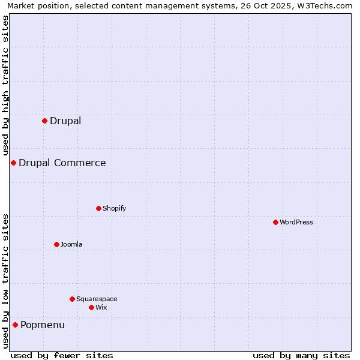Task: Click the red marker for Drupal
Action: (x=44, y=121)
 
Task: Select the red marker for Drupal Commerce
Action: (x=13, y=163)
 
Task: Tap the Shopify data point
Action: (x=98, y=208)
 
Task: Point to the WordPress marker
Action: (x=275, y=222)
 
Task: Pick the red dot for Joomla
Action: (x=56, y=244)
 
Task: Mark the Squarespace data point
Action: (x=72, y=299)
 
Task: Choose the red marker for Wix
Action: (x=91, y=307)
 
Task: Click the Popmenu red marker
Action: (x=15, y=325)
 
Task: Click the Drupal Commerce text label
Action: (x=62, y=163)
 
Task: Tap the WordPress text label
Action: (x=296, y=222)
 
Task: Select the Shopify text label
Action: (x=115, y=208)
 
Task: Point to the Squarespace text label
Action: (x=97, y=299)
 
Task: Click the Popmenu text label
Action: (x=43, y=325)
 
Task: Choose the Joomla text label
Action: (x=71, y=244)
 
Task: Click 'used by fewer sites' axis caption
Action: (x=62, y=355)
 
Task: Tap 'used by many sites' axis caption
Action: (x=301, y=355)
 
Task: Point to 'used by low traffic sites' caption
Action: (x=5, y=281)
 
